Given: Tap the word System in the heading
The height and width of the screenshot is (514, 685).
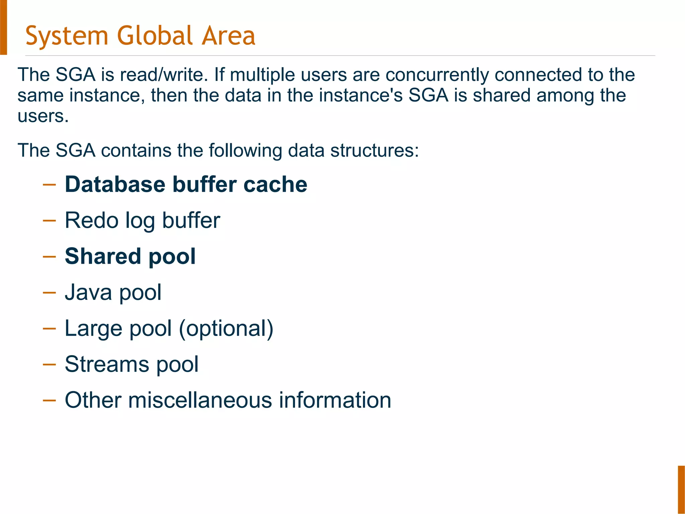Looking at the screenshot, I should coord(67,36).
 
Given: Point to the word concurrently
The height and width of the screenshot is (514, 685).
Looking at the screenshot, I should coord(437,75).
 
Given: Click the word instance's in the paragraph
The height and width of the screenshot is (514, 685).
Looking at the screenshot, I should coord(361,96).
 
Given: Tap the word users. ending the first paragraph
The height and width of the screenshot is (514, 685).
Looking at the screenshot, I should coord(43,116).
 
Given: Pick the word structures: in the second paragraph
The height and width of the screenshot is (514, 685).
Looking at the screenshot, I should coord(374,150).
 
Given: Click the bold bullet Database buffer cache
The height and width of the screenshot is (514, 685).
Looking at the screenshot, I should coord(186,184).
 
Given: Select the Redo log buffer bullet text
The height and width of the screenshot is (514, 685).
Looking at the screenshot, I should coord(142,221).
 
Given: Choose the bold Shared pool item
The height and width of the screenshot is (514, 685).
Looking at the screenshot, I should coord(130,256).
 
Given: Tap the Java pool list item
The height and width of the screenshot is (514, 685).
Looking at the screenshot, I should coord(113,292).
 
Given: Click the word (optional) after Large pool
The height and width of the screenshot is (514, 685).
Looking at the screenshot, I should coord(226,329).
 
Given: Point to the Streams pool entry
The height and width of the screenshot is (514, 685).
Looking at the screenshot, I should coord(131,364).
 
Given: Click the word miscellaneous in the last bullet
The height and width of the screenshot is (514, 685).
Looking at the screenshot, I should coord(200,400).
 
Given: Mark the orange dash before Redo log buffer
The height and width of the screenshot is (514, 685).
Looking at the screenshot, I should coord(49,221).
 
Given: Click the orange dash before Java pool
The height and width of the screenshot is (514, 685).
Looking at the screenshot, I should coord(49,293).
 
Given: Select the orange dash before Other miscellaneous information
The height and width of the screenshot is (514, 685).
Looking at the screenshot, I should coord(49,400).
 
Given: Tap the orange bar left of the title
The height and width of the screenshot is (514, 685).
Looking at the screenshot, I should coord(3,27).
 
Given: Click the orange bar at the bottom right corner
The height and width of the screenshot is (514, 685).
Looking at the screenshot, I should coord(681,489).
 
